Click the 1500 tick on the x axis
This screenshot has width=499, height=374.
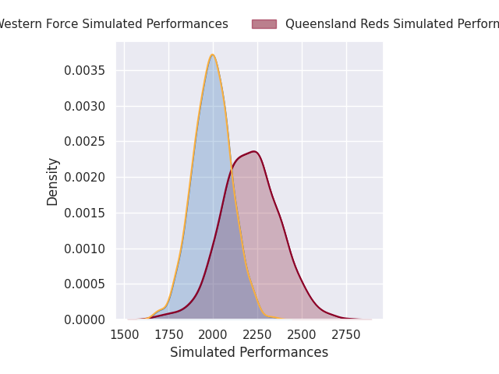[125, 334]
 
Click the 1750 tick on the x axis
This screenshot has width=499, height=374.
[169, 334]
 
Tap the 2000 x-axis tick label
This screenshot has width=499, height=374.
[214, 334]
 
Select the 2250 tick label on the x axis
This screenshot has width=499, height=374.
[258, 334]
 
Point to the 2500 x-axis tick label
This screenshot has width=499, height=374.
[303, 334]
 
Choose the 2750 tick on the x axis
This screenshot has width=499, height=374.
[347, 334]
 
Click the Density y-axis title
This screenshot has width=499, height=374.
[53, 181]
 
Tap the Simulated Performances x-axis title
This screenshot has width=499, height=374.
[249, 352]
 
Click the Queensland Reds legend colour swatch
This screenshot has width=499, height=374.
[264, 24]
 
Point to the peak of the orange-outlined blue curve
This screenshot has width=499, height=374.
[212, 55]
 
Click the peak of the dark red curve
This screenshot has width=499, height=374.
[253, 151]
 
